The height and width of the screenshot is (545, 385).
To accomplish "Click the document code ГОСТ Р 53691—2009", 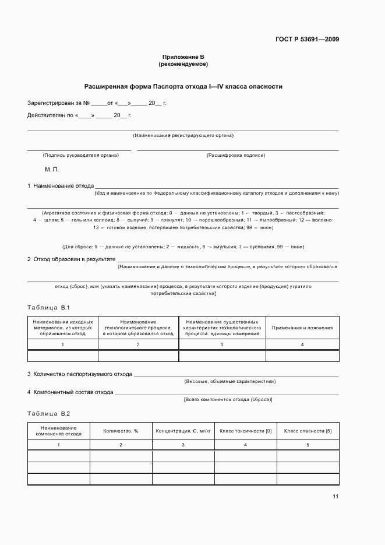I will pyautogui.click(x=307, y=39).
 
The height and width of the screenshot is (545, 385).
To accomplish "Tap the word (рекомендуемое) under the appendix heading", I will pyautogui.click(x=183, y=64).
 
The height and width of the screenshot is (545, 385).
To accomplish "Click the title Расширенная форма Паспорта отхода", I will pyautogui.click(x=183, y=86).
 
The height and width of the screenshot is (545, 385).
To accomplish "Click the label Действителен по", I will pyautogui.click(x=50, y=115).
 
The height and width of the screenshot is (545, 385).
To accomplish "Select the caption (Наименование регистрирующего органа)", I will pyautogui.click(x=183, y=135).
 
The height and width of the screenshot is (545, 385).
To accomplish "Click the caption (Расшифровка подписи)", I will pyautogui.click(x=236, y=155).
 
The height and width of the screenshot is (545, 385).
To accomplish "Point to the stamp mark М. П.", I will pyautogui.click(x=52, y=170).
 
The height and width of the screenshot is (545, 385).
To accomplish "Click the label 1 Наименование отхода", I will pyautogui.click(x=61, y=185).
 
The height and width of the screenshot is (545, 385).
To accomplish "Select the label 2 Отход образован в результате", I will pyautogui.click(x=71, y=259).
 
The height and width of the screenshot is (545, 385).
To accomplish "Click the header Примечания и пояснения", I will pyautogui.click(x=302, y=328).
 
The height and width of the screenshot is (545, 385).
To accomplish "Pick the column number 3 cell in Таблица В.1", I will pyautogui.click(x=221, y=344).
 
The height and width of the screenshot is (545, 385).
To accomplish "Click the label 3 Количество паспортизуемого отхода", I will pyautogui.click(x=80, y=374).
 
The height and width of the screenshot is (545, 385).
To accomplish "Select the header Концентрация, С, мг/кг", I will pyautogui.click(x=182, y=431).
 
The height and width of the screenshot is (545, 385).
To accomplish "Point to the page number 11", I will pyautogui.click(x=335, y=497).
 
